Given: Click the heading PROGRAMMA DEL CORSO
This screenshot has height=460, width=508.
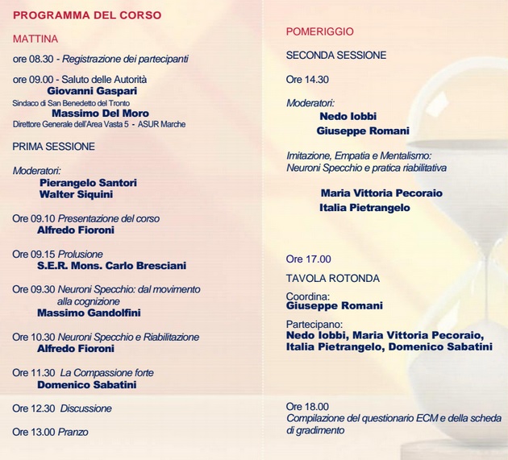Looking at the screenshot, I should click(87, 15).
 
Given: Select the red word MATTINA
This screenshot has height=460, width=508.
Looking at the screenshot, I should click(35, 39).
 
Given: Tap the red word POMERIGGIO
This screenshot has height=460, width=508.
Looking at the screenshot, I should click(320, 31).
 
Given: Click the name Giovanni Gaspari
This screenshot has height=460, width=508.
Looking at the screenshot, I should click(92, 91).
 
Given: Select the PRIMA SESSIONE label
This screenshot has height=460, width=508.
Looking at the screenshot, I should click(54, 147).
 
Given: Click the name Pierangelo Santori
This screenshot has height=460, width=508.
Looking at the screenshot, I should click(88, 183).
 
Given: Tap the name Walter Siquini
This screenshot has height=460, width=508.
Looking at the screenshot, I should click(76, 194).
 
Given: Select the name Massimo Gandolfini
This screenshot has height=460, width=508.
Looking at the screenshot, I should click(89, 313).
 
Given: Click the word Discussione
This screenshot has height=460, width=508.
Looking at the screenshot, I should click(86, 408).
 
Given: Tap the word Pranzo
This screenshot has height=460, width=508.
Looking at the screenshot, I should click(74, 432).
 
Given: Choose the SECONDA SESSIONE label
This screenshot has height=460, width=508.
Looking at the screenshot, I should click(336, 56).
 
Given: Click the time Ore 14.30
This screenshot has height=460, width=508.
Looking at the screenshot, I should click(307, 80).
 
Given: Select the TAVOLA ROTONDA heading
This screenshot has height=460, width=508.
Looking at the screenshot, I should click(332, 279).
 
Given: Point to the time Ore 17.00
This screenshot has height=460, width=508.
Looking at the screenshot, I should click(309, 259).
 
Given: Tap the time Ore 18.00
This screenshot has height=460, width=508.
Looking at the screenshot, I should click(307, 407).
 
